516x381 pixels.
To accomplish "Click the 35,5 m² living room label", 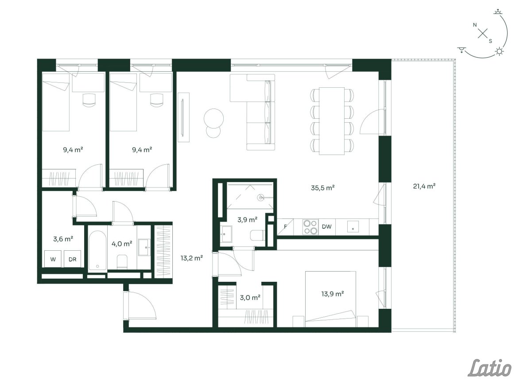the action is pos(322,188).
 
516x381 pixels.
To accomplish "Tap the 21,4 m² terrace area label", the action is pos(424,186).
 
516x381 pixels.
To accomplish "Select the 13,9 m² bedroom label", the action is pos(332,293).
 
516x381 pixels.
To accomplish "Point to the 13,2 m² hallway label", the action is pos(191,258).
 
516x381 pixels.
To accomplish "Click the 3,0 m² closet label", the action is pos(250,298).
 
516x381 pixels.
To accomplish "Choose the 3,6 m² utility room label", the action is pos(63,239).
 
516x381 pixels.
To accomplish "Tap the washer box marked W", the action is pos(53,259).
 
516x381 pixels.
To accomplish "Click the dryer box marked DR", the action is pos(72,259).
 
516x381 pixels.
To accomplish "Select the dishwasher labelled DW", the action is pos(326,226).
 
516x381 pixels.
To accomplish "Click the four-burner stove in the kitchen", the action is pos(310,227).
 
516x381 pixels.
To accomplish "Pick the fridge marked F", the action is pos(285,227).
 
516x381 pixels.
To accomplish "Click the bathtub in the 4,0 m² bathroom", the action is pos(97,251).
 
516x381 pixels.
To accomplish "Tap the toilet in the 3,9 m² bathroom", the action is pos(258,235).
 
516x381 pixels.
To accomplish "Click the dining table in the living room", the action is pos(332,121).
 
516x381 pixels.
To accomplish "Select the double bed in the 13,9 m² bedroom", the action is pos(331,299).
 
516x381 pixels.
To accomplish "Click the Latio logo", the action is pos(490,368).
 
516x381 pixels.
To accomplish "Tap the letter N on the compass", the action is pos(474,25).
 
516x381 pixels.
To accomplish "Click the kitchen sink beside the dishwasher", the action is pos(353,226).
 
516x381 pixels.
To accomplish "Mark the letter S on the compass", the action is pos(490,41).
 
